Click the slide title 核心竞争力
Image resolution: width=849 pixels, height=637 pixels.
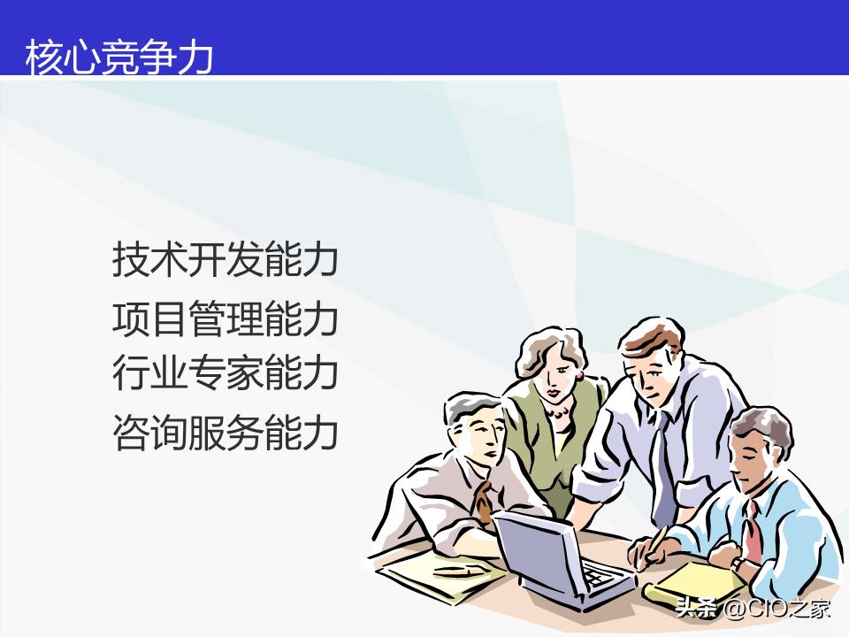coord(119,57)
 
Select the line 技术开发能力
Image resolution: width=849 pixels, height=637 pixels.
coord(226,260)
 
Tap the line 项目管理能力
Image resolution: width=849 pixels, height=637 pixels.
coord(226,318)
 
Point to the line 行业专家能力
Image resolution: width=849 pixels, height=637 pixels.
coord(226,372)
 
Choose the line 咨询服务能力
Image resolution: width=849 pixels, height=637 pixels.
coord(226,433)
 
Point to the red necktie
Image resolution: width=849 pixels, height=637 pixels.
coord(752,531)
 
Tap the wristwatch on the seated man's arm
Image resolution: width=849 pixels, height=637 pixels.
coord(737,561)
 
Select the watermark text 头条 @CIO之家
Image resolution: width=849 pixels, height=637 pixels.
coord(753,609)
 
